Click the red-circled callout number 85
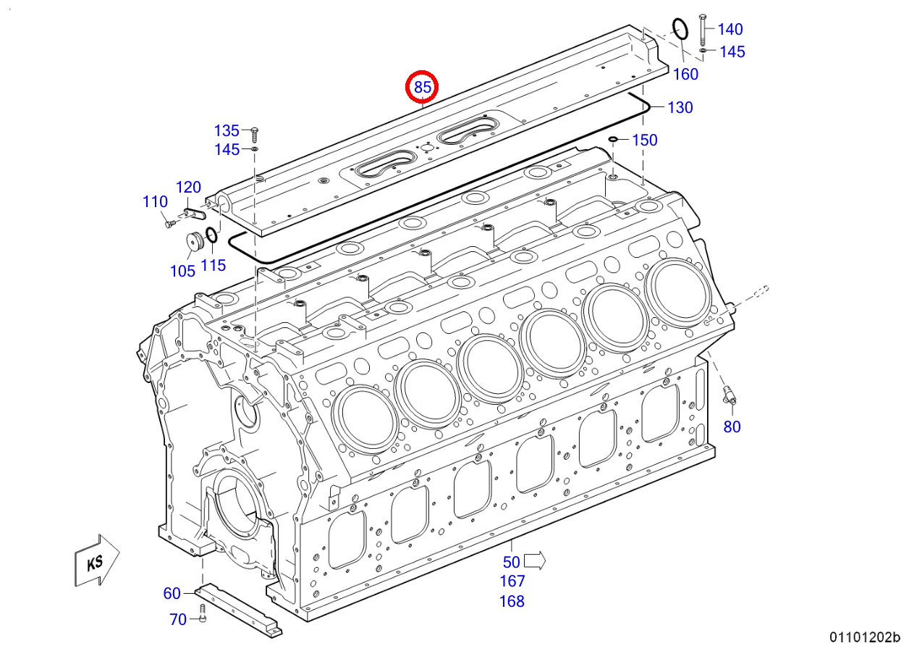pos(422,87)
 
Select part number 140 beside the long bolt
pos(730,29)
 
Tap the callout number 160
pos(685,74)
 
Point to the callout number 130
pos(680,108)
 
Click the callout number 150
pos(645,140)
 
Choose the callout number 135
pos(227,131)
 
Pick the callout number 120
pos(188,188)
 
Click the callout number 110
pos(155,202)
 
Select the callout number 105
pos(182,271)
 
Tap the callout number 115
pos(213,265)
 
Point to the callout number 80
pos(732,427)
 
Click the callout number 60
pos(172,593)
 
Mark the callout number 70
pos(178,620)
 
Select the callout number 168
pos(512,602)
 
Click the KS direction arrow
pos(96,560)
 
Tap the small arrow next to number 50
pos(535,560)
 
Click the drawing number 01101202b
pos(865,637)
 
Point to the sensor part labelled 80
pos(730,395)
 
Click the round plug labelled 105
pos(195,243)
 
